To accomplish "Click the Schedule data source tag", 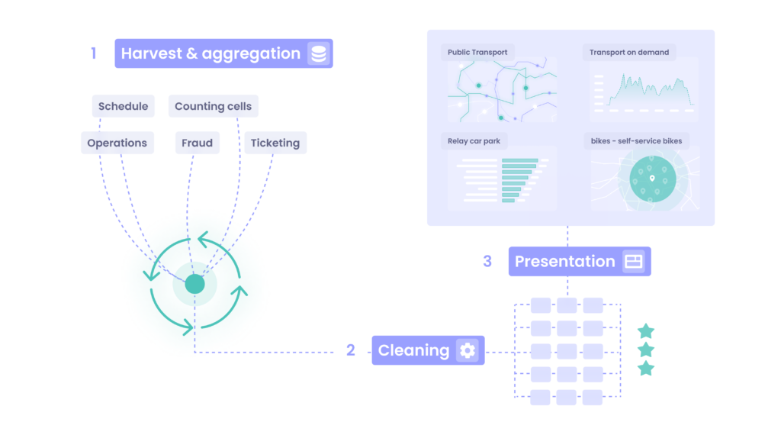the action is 123,106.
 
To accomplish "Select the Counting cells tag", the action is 214,106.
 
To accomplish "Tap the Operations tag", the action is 117,143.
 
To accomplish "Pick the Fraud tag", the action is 198,143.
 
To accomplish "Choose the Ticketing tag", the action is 275,143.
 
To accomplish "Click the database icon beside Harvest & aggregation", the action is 319,54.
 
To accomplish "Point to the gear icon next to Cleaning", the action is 468,350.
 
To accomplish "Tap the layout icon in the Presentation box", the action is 634,261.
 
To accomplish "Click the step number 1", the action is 93,53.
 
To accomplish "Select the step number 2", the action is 351,350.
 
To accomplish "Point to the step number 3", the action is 487,261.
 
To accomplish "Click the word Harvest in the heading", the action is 152,53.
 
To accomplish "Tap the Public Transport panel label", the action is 477,53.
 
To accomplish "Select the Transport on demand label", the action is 629,53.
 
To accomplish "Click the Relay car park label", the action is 474,141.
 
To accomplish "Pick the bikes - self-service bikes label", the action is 637,141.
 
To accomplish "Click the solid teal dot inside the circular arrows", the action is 194,284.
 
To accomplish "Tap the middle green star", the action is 646,350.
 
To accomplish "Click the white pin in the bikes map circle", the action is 652,178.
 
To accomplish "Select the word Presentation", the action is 565,261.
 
